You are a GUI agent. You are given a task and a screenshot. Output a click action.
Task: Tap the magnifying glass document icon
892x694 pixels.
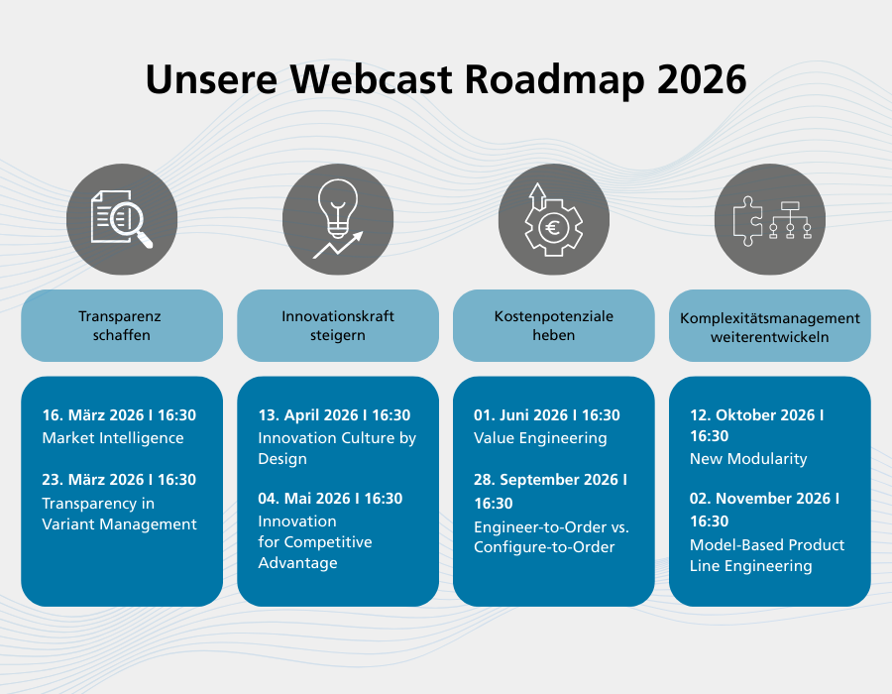122,219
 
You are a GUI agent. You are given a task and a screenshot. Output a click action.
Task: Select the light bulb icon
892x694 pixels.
338,219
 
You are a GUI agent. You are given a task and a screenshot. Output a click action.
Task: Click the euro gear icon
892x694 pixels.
554,219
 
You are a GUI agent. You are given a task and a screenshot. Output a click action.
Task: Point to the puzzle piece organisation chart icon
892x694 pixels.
770,219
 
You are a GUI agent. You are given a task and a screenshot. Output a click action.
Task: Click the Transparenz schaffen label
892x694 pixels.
122,326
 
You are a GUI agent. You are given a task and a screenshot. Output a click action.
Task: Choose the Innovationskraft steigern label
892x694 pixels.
338,326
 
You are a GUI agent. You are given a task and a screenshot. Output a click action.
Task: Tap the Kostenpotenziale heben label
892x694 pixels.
554,326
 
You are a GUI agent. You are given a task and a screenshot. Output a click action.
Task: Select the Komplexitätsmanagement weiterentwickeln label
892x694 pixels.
770,327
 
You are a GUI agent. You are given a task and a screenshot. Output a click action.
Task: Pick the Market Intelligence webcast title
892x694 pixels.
113,437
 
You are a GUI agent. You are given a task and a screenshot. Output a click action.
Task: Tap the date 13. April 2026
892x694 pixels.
310,415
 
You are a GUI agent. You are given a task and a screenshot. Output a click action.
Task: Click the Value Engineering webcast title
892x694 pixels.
540,437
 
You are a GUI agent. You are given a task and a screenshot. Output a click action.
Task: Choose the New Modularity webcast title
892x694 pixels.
748,458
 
